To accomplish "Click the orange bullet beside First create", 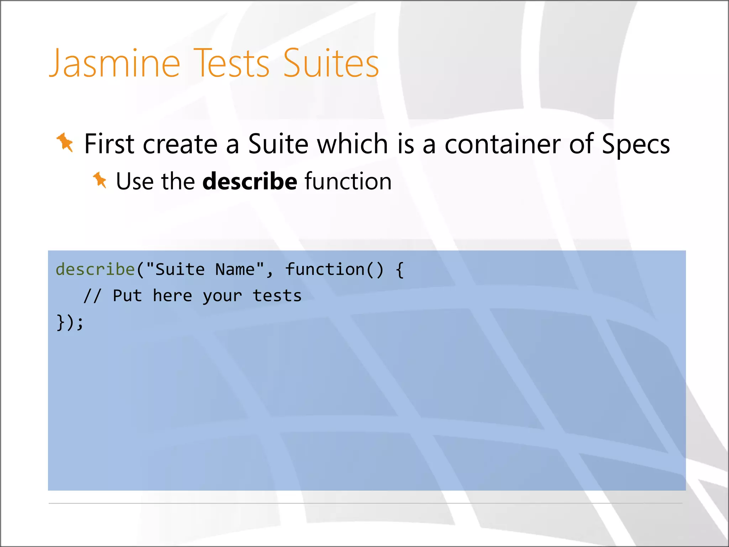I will click(x=65, y=142).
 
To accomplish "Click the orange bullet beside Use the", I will click(x=100, y=180).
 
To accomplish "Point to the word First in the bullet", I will click(x=109, y=144).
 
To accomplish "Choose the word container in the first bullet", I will click(x=502, y=144).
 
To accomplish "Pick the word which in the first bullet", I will click(x=352, y=144).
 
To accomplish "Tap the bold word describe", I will click(x=250, y=181).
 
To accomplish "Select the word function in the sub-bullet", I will click(x=348, y=181).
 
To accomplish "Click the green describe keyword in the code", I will click(x=95, y=269).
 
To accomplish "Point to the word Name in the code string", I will click(x=235, y=269).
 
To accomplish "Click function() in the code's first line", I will click(x=335, y=269).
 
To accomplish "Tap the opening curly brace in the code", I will click(x=400, y=270).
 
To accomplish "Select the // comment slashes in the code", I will click(x=92, y=296).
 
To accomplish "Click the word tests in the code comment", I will click(x=277, y=296).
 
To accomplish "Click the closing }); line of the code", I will click(x=70, y=323).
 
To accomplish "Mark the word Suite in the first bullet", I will click(x=278, y=144).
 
